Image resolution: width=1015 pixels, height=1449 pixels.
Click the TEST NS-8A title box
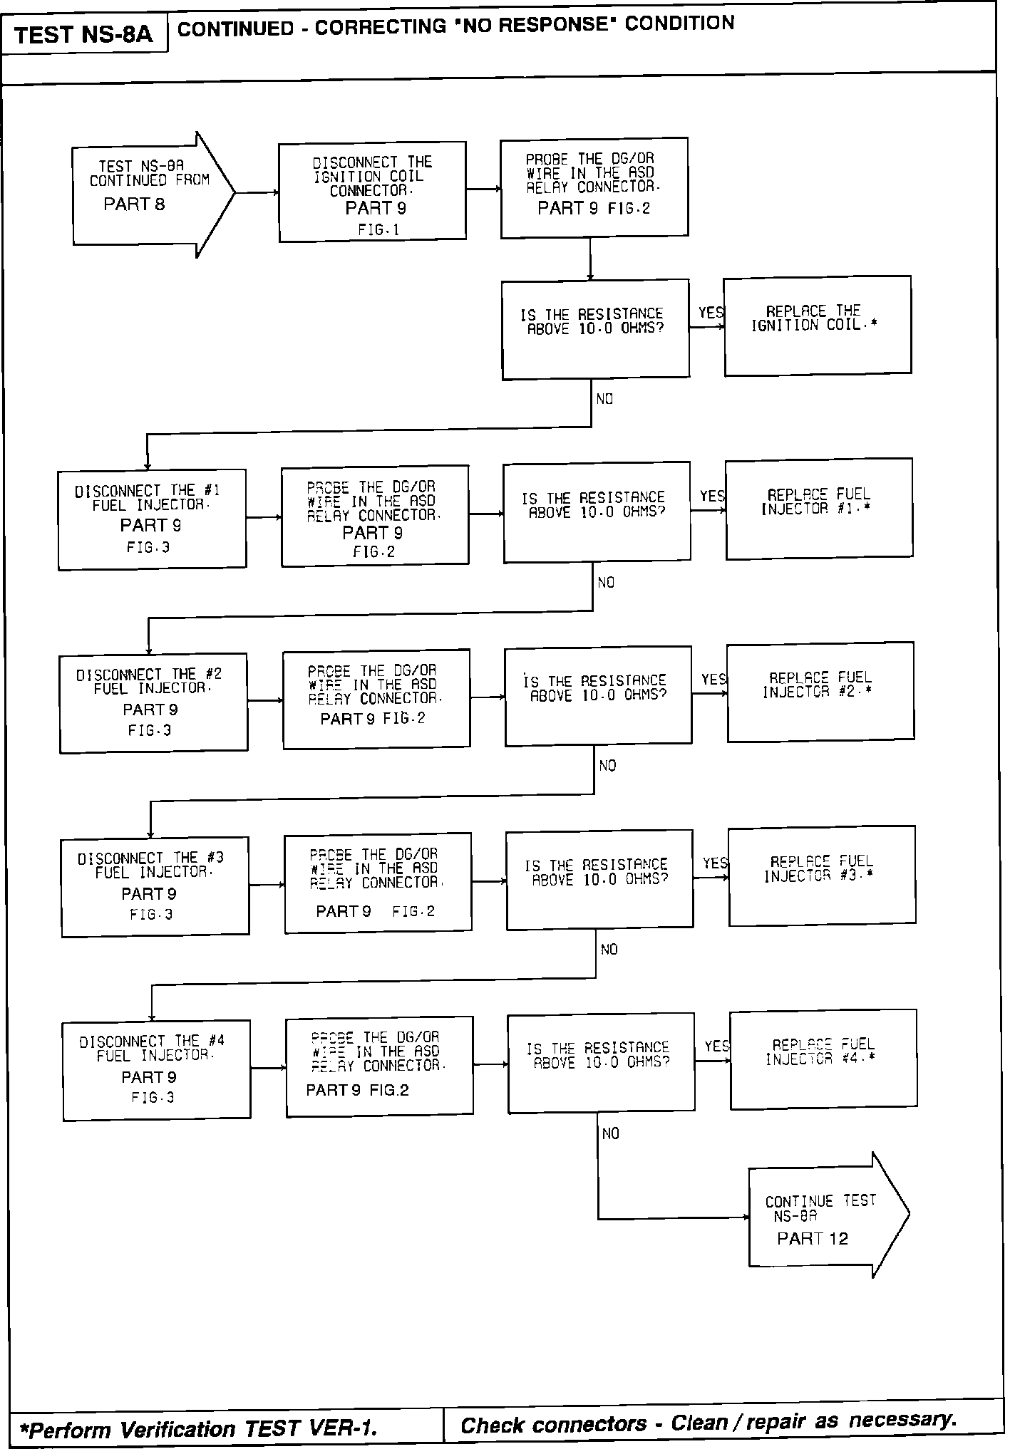click(83, 34)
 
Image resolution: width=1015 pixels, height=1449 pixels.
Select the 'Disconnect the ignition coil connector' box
click(372, 192)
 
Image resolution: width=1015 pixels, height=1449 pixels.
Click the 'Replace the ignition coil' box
click(818, 325)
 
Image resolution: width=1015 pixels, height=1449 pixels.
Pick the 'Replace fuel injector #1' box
click(819, 508)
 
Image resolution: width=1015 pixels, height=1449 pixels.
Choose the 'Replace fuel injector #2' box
click(820, 691)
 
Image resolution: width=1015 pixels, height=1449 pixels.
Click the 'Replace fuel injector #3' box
click(822, 876)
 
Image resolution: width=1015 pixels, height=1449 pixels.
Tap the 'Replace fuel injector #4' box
click(823, 1059)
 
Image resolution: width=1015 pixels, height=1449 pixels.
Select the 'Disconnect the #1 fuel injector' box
click(152, 519)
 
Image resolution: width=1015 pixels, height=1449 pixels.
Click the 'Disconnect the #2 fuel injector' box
click(153, 702)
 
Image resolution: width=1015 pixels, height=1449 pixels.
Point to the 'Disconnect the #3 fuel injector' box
click(155, 886)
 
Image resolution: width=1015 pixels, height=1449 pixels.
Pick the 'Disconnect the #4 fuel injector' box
click(156, 1070)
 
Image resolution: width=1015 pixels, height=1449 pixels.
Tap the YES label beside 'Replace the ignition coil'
click(711, 313)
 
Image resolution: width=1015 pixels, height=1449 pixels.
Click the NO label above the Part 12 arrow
click(611, 1133)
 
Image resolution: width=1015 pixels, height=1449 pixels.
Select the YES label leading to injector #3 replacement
click(715, 864)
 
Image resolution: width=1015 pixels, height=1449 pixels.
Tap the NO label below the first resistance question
click(604, 399)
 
